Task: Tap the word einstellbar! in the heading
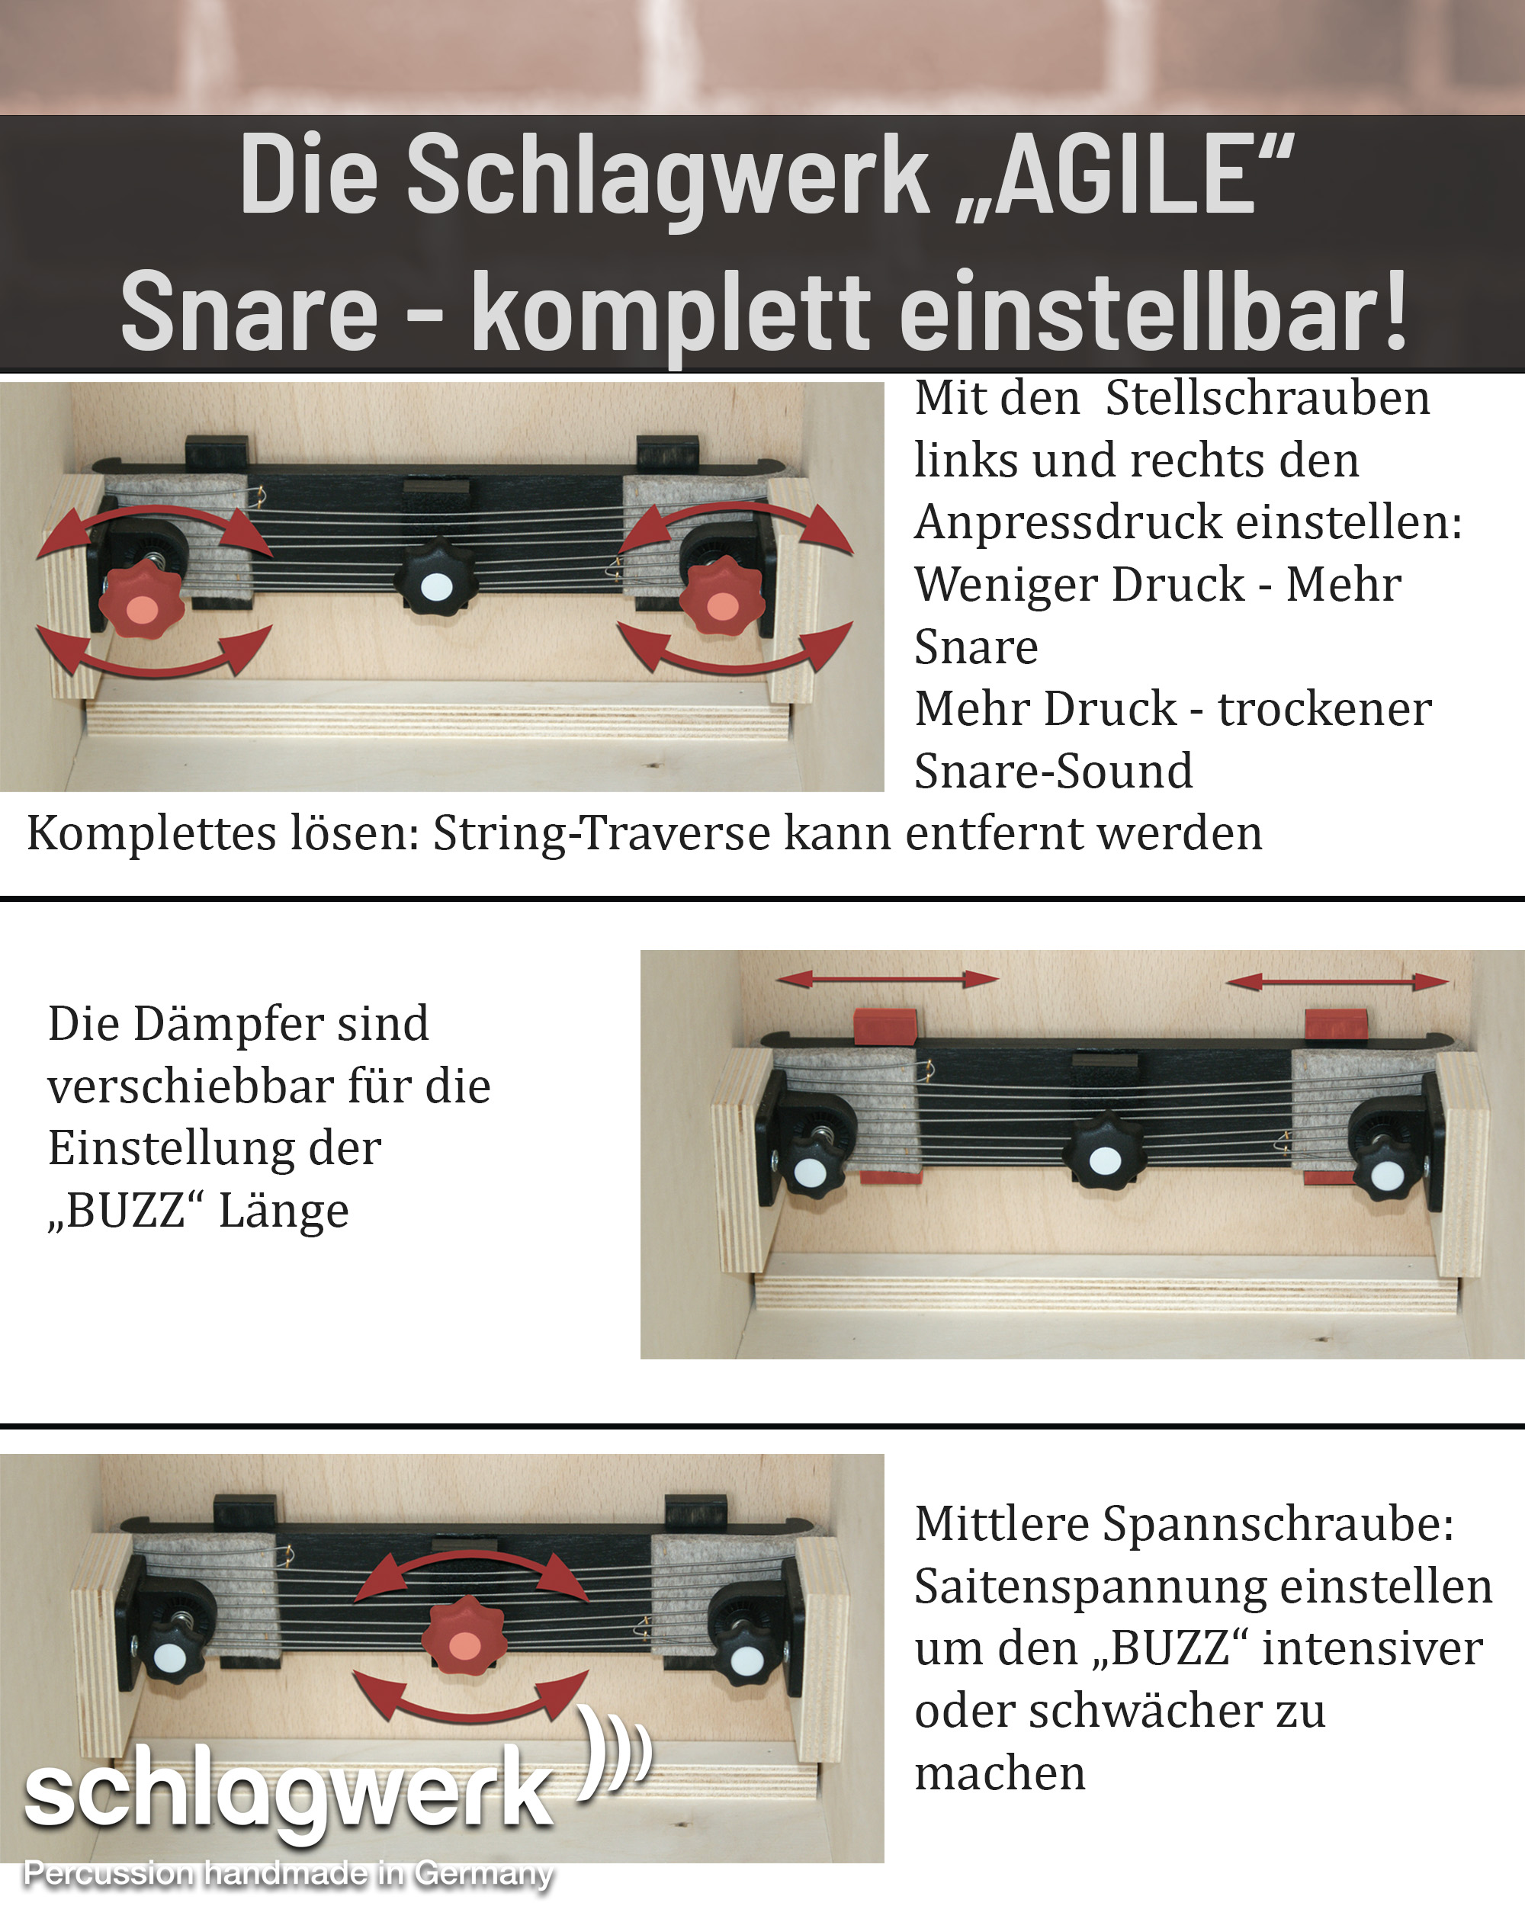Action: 1154,311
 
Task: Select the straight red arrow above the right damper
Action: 1337,980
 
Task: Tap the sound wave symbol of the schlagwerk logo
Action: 615,1751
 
